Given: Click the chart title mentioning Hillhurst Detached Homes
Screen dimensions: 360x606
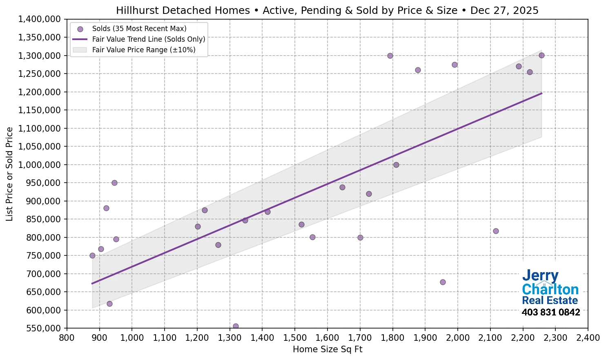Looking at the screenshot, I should tap(327, 10).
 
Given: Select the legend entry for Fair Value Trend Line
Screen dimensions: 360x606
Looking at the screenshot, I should tap(149, 39).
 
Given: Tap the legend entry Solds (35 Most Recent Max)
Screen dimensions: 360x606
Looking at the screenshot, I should tap(139, 29).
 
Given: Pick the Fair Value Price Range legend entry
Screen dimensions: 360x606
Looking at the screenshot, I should tap(144, 50).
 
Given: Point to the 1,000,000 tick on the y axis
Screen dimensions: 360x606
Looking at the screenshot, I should tap(40, 165).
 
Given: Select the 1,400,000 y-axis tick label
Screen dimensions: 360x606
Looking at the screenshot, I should tap(40, 19).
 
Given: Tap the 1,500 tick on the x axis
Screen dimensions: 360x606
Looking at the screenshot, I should tap(295, 338).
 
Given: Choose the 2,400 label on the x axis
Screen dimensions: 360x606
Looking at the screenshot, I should tap(588, 338).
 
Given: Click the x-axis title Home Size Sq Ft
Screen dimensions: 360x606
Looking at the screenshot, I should tap(328, 349).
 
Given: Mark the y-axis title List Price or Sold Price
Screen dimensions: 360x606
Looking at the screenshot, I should tap(9, 174).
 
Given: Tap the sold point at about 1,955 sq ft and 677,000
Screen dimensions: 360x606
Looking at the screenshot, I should tap(443, 282).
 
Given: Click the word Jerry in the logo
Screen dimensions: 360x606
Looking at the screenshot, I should tap(540, 276).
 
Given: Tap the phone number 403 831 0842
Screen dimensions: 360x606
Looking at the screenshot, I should tap(551, 313).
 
